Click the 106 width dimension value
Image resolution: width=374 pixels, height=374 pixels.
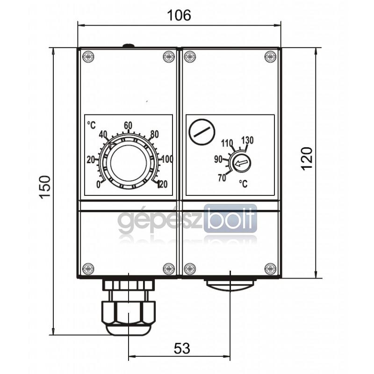pyautogui.click(x=179, y=15)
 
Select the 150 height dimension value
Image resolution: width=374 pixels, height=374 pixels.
pyautogui.click(x=45, y=187)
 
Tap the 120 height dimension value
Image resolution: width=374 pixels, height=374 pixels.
pyautogui.click(x=307, y=158)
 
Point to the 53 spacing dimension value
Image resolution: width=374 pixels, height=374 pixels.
pyautogui.click(x=182, y=348)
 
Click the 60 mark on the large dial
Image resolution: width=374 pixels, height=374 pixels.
pyautogui.click(x=128, y=125)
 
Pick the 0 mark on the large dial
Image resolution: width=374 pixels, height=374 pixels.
pyautogui.click(x=98, y=185)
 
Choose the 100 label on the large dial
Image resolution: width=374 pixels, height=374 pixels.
pyautogui.click(x=167, y=159)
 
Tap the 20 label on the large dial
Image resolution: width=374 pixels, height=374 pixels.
pyautogui.click(x=91, y=159)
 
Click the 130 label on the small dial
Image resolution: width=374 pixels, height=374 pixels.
pyautogui.click(x=248, y=140)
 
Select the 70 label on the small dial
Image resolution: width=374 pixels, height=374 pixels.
pyautogui.click(x=222, y=178)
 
